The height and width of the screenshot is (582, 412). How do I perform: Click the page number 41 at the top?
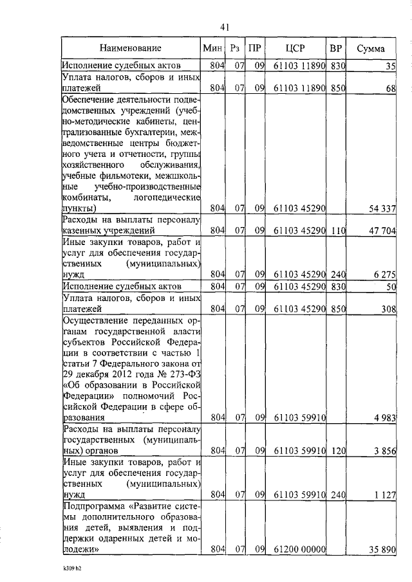pos(225,27)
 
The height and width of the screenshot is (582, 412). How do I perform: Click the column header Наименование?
pos(131,48)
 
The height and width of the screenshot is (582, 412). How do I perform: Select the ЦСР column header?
pos(297,48)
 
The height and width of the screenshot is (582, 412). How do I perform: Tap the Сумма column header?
pos(371,48)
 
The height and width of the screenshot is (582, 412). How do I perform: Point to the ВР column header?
pos(336,48)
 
